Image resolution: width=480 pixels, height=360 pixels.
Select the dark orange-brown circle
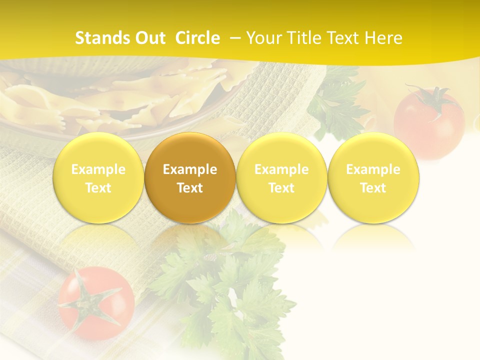(x=190, y=178)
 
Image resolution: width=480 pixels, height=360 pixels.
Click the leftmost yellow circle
(x=98, y=178)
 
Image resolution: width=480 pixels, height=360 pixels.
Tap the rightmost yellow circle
(x=373, y=178)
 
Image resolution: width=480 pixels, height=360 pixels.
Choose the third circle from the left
(x=281, y=178)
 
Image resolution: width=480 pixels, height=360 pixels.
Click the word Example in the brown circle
(x=190, y=169)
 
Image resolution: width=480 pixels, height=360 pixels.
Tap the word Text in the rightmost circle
(x=373, y=188)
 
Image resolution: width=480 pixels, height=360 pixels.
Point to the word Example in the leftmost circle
(x=98, y=169)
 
